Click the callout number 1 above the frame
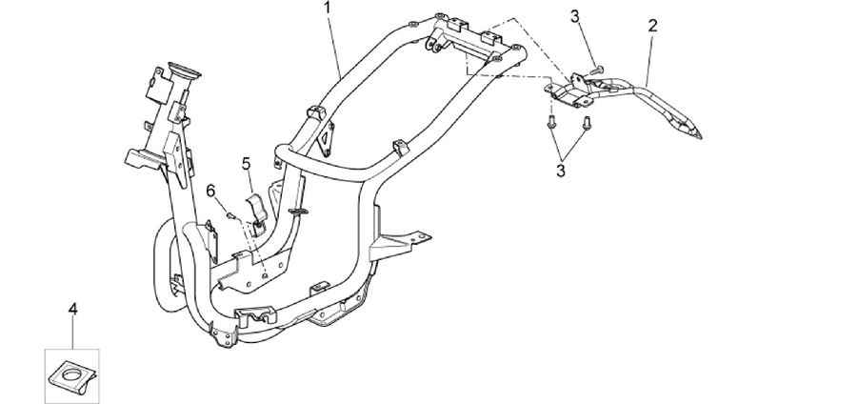(x=328, y=8)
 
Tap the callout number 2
(x=652, y=25)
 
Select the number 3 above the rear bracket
(x=575, y=16)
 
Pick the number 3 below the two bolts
(x=561, y=170)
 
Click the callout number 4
(x=72, y=309)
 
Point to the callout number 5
(x=246, y=164)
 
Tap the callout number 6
(x=211, y=191)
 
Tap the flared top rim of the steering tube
(x=184, y=70)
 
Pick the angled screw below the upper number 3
(x=597, y=70)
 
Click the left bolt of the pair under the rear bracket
(x=551, y=121)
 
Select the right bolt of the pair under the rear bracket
(x=587, y=123)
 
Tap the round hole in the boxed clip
(x=71, y=374)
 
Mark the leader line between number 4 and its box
(x=72, y=333)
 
